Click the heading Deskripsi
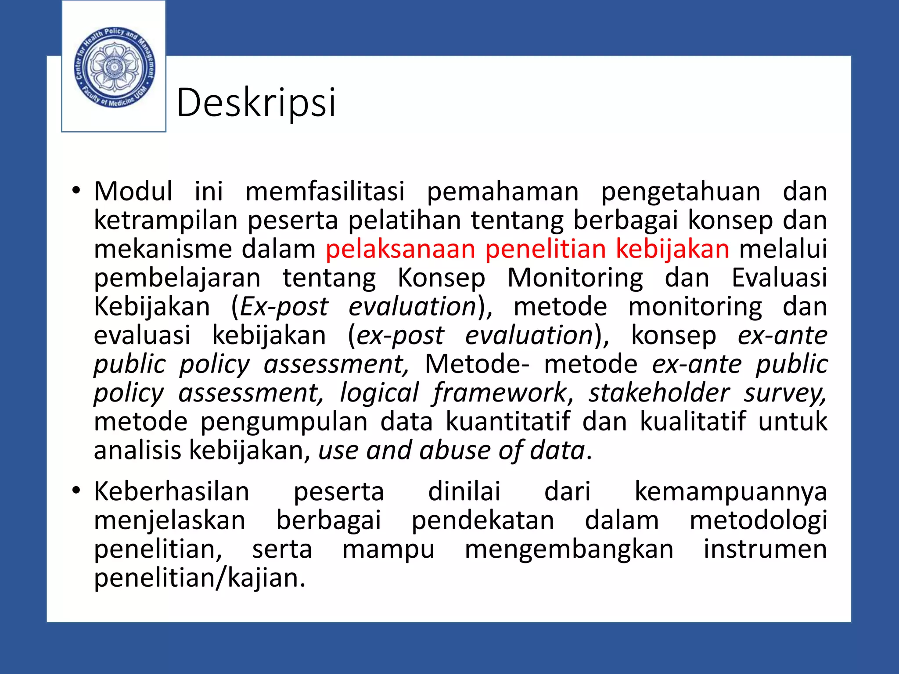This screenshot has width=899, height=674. [256, 103]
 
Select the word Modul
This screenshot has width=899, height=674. [133, 191]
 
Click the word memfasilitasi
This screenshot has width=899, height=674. [325, 191]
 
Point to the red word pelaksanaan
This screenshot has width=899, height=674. [400, 249]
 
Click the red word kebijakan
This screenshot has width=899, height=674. [672, 249]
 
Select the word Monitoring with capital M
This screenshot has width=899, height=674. [575, 278]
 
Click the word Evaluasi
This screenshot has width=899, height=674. [779, 278]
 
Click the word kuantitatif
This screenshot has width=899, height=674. [508, 421]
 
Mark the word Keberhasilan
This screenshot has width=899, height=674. [172, 491]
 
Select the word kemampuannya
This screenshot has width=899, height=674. [730, 492]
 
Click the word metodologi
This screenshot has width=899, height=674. [758, 520]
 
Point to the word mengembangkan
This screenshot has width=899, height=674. [569, 549]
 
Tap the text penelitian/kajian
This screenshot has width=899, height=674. [199, 578]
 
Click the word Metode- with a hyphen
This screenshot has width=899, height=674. [477, 364]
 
